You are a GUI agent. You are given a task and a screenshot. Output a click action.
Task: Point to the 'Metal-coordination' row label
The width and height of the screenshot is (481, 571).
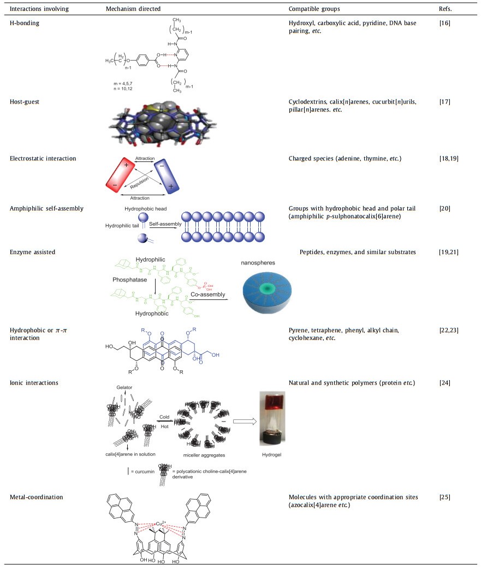(x=34, y=497)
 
